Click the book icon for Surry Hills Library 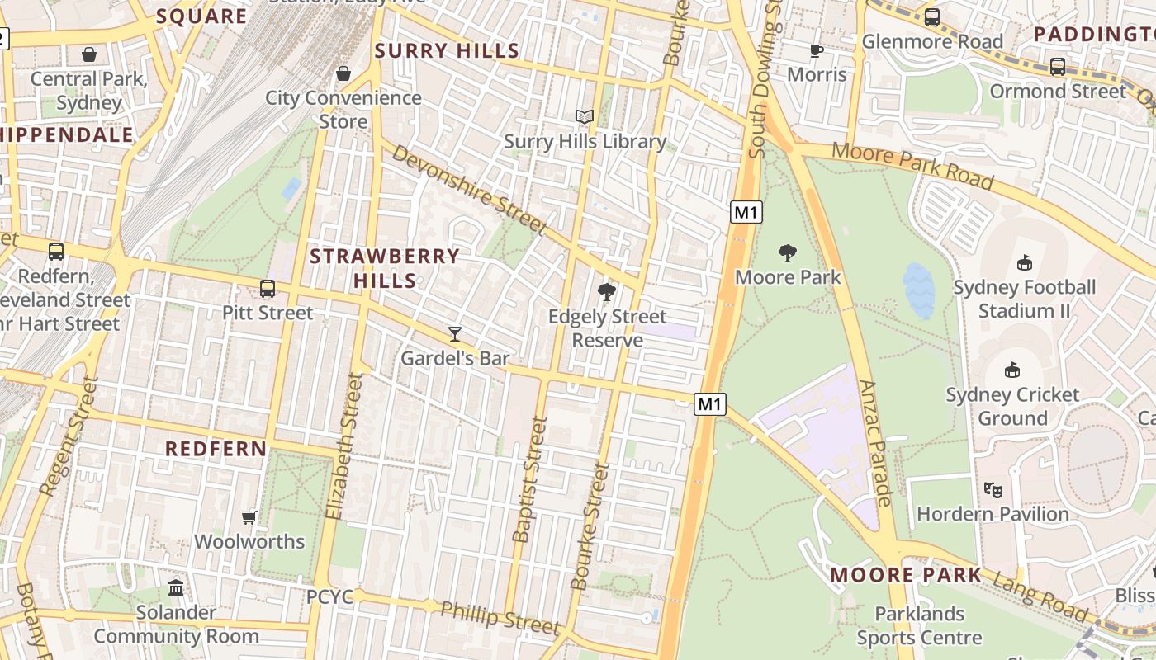(x=585, y=117)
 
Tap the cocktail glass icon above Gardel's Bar (x=455, y=334)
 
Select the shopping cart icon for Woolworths (x=249, y=517)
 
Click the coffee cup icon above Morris (x=817, y=50)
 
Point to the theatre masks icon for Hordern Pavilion (x=993, y=489)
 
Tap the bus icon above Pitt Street (x=268, y=289)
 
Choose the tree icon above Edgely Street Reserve (x=607, y=292)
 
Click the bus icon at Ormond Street (x=1057, y=67)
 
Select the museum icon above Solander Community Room (x=176, y=588)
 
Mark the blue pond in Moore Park (x=918, y=290)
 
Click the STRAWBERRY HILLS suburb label (x=385, y=268)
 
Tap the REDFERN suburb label (x=216, y=449)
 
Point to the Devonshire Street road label (x=468, y=190)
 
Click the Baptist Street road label (x=530, y=479)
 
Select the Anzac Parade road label (x=876, y=443)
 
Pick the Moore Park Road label (x=912, y=164)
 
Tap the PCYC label (x=330, y=596)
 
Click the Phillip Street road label (x=500, y=618)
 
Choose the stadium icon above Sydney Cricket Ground (x=1011, y=370)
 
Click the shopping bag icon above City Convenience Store (x=343, y=73)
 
